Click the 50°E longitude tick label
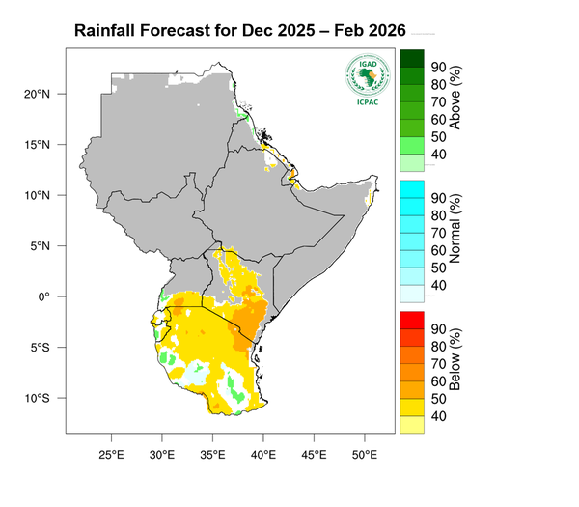tap(364, 454)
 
